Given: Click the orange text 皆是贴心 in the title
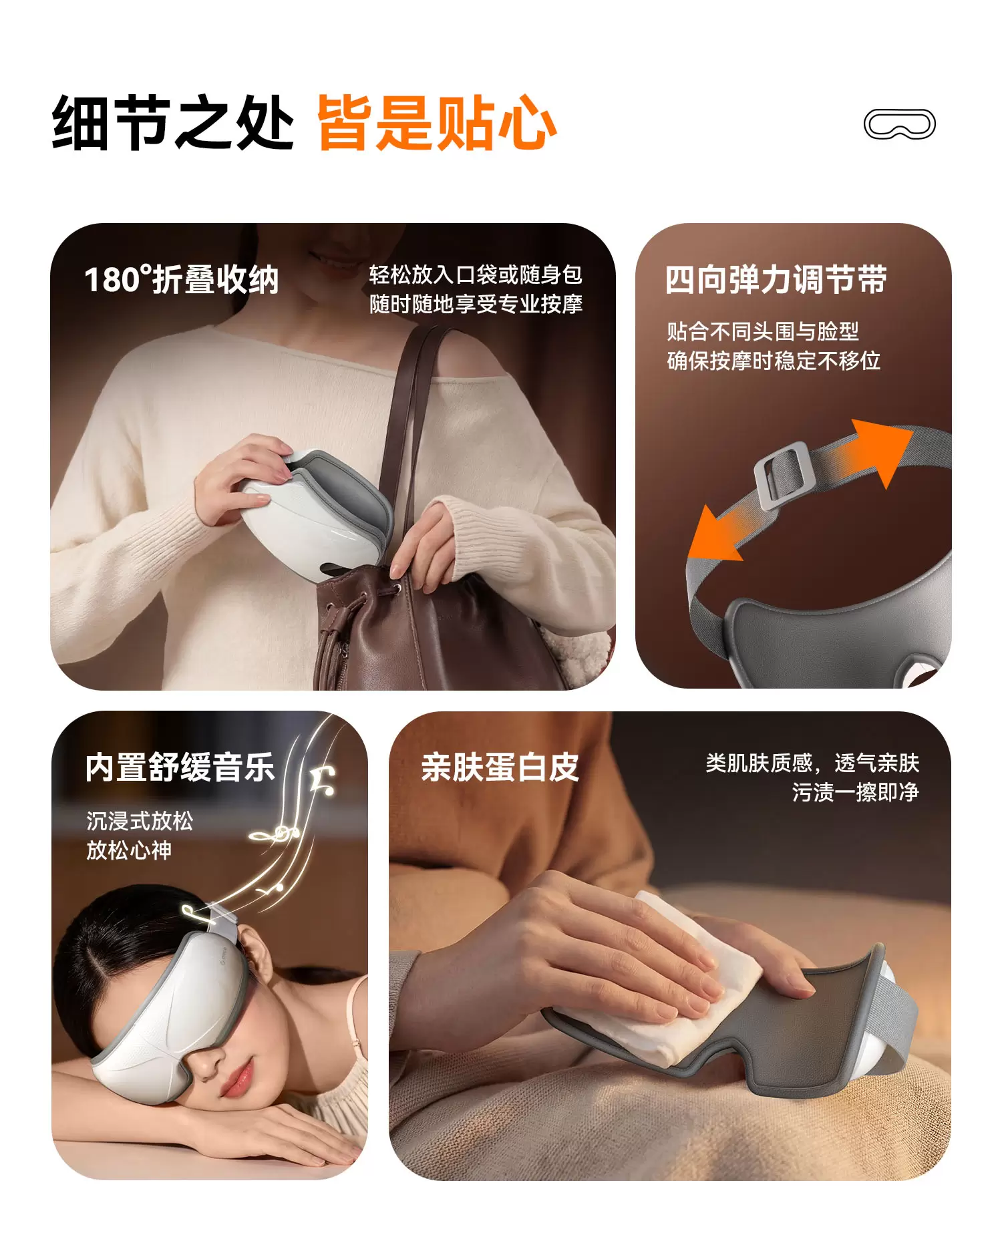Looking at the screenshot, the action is (x=437, y=123).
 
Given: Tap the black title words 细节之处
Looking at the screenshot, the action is (x=173, y=123).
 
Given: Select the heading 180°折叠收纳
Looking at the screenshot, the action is (x=181, y=279).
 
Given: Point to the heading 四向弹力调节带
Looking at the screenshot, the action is (x=776, y=279).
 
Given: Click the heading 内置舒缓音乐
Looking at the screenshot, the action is (x=180, y=767).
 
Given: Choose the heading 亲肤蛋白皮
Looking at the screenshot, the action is (x=500, y=767).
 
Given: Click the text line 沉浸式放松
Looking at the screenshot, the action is (x=140, y=821).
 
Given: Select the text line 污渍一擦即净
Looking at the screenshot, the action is (x=855, y=792).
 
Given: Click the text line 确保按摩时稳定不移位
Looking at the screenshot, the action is (x=774, y=361).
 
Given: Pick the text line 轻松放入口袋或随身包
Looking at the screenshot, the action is (x=476, y=275).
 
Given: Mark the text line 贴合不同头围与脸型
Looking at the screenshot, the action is (x=763, y=331).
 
